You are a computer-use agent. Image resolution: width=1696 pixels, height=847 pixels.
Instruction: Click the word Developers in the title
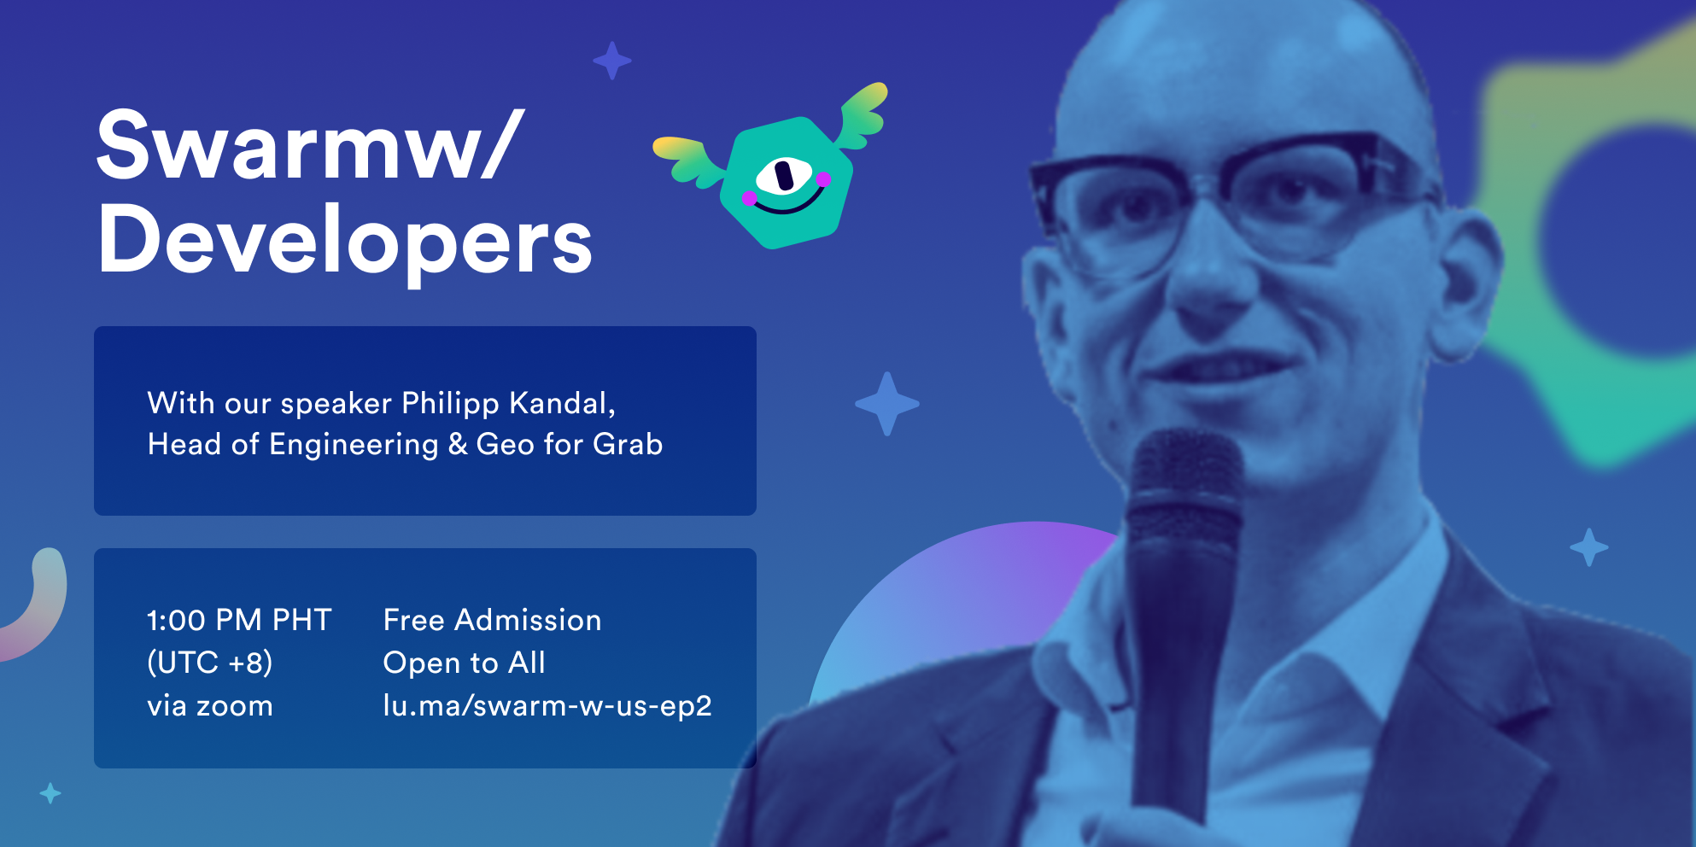point(345,242)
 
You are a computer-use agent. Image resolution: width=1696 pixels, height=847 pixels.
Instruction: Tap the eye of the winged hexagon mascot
point(783,176)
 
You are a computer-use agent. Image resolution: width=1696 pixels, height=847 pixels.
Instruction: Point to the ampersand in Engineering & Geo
point(458,444)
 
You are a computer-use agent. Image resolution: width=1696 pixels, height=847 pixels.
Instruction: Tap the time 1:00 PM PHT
point(239,620)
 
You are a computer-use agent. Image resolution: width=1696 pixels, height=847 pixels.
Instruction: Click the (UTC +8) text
point(210,663)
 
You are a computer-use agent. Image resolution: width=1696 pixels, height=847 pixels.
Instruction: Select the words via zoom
point(210,706)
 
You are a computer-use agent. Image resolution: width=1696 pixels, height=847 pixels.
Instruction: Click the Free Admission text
point(493,620)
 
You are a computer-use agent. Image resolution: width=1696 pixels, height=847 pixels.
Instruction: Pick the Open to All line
point(465,663)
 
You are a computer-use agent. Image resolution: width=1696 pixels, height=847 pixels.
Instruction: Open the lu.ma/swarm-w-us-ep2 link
point(547,706)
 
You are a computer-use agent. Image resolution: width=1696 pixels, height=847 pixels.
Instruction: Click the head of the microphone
point(1184,487)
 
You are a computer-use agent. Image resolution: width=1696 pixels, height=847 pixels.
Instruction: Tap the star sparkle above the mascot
point(612,61)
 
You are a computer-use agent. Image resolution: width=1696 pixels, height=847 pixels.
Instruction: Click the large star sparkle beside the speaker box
point(887,404)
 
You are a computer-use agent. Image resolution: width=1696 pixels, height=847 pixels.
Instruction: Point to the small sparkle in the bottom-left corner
point(50,793)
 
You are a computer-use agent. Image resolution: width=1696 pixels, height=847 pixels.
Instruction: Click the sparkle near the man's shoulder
point(1589,547)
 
